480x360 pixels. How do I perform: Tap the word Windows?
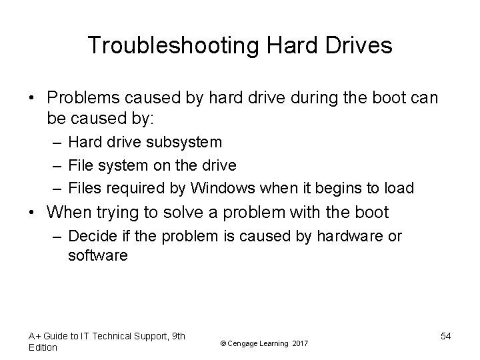click(x=218, y=189)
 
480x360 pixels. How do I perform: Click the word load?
click(x=399, y=189)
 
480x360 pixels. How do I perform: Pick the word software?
click(x=97, y=255)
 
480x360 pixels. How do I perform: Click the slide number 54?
click(x=445, y=336)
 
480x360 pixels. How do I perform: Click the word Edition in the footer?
click(x=43, y=347)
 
